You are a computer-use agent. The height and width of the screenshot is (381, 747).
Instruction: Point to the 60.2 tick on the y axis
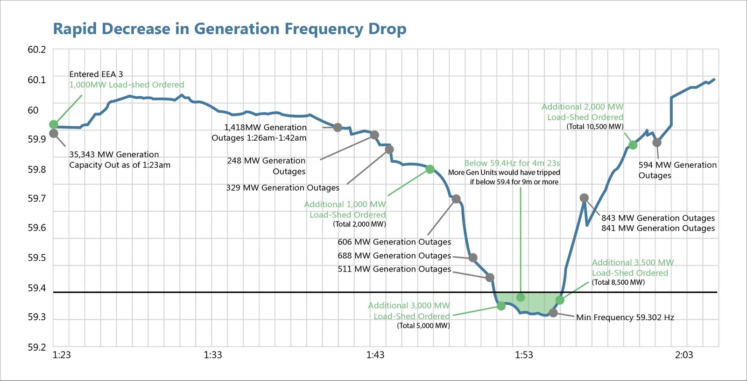pyautogui.click(x=37, y=50)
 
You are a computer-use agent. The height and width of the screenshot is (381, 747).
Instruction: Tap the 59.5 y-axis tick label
pyautogui.click(x=37, y=258)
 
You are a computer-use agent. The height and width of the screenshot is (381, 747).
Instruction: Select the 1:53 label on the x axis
pyautogui.click(x=524, y=355)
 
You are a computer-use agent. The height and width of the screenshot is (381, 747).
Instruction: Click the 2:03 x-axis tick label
pyautogui.click(x=684, y=355)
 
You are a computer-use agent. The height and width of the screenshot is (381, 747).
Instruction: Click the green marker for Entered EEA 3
pyautogui.click(x=54, y=124)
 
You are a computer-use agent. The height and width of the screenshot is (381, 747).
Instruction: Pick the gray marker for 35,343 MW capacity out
pyautogui.click(x=54, y=133)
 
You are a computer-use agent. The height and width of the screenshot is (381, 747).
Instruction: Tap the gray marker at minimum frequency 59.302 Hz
pyautogui.click(x=553, y=313)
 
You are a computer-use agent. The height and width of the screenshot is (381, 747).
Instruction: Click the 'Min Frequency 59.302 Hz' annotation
pyautogui.click(x=625, y=317)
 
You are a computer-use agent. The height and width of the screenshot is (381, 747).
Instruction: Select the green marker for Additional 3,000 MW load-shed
pyautogui.click(x=501, y=306)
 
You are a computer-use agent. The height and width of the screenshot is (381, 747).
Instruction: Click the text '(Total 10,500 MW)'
pyautogui.click(x=595, y=127)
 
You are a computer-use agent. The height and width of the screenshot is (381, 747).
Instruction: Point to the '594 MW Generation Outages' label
pyautogui.click(x=677, y=170)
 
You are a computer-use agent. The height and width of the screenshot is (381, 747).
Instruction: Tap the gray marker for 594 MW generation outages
pyautogui.click(x=657, y=143)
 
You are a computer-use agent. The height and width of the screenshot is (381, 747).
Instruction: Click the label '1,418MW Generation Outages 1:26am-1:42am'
pyautogui.click(x=260, y=133)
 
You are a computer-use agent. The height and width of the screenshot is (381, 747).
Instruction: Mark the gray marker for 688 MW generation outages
pyautogui.click(x=473, y=258)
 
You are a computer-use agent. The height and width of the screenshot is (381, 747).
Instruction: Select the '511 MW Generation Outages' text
pyautogui.click(x=395, y=269)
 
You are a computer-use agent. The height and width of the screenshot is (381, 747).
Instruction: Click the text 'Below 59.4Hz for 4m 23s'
pyautogui.click(x=512, y=163)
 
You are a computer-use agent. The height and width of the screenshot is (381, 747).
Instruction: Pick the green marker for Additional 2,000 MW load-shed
pyautogui.click(x=633, y=145)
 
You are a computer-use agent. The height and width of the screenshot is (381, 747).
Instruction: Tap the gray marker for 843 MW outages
pyautogui.click(x=584, y=198)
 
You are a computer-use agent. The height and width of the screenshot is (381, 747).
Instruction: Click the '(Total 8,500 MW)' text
pyautogui.click(x=618, y=282)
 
